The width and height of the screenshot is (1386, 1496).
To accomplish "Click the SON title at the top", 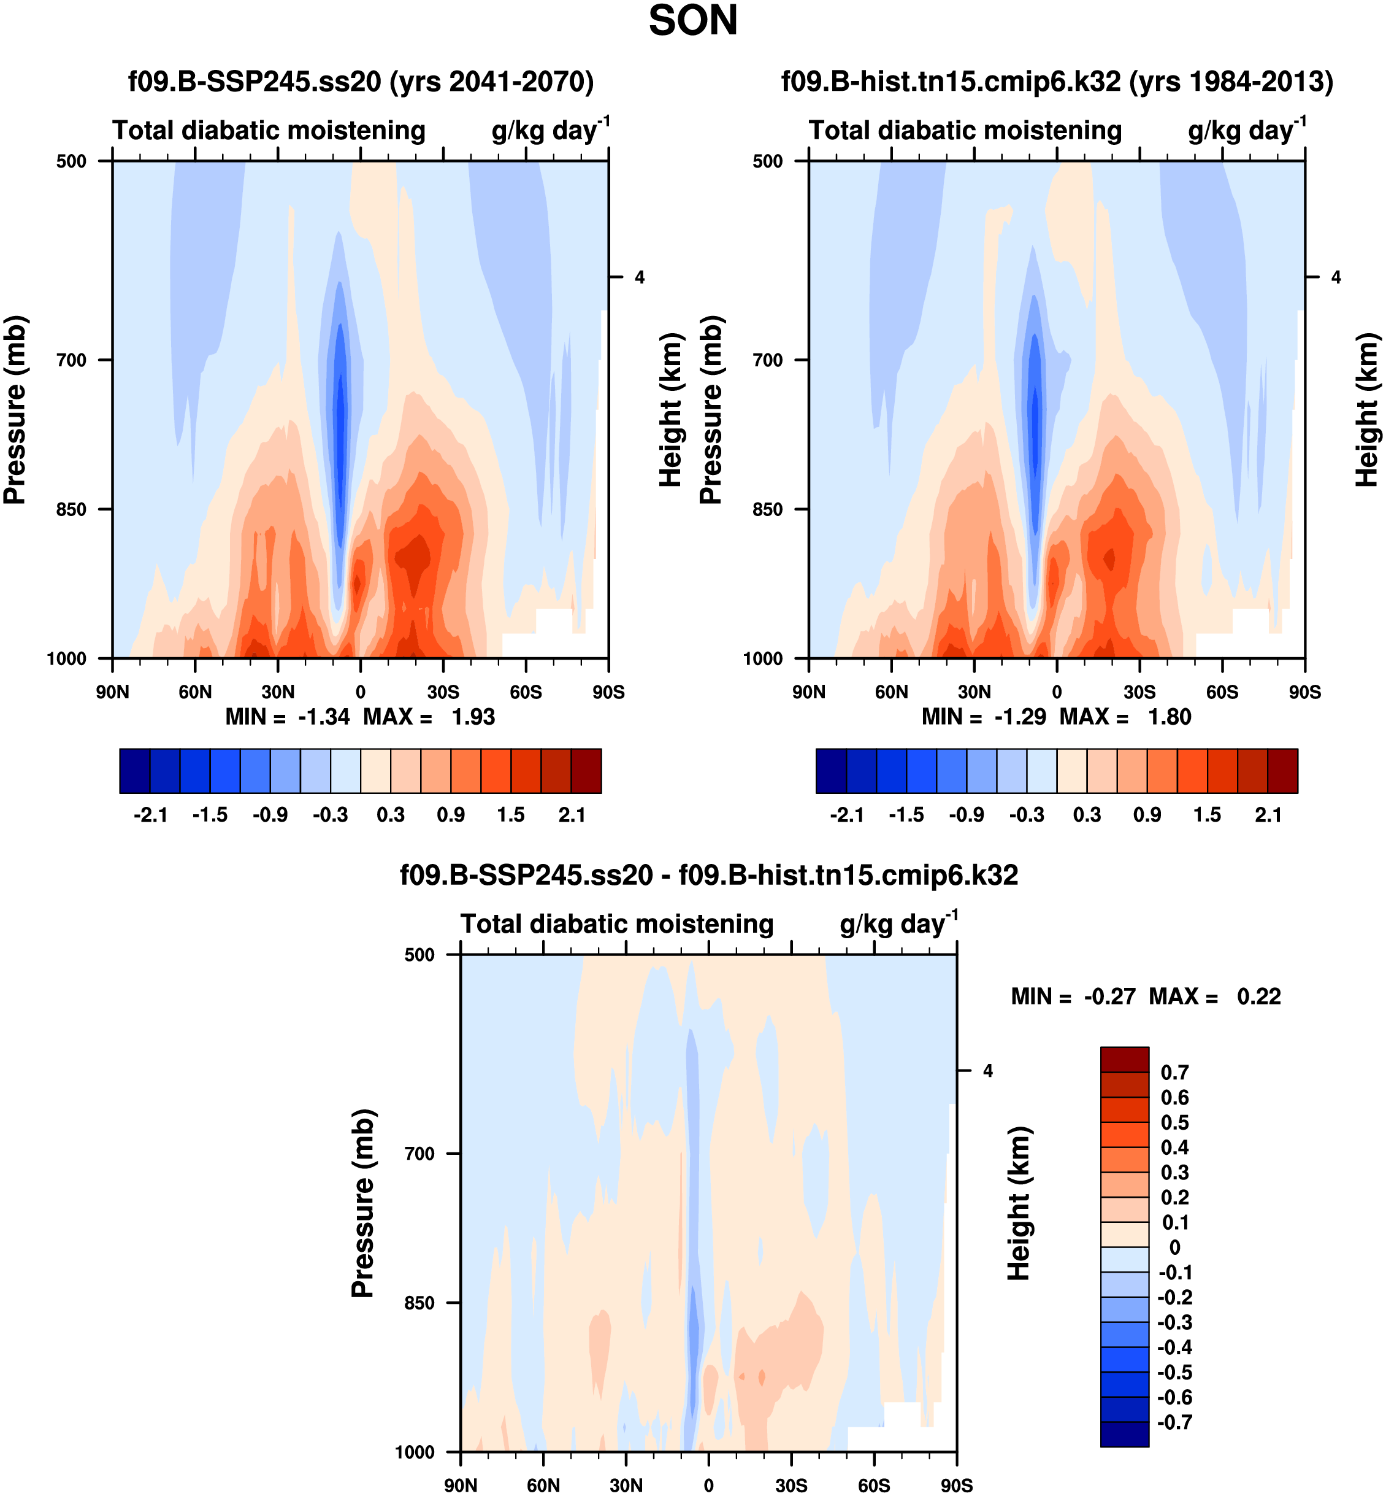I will coord(692,21).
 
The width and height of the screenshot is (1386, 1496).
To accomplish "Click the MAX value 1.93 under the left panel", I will coord(472,717).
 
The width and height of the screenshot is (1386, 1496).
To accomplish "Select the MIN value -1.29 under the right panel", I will coord(1019,717).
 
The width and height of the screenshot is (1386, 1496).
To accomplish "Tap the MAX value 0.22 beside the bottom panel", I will coord(1258,997).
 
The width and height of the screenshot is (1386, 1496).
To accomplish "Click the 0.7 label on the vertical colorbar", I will coord(1174,1073).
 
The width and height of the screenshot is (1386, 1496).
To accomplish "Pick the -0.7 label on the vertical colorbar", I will coord(1174,1422).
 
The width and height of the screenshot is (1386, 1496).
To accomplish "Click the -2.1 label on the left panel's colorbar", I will coord(150,815).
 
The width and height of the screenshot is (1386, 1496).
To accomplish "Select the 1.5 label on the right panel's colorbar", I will coord(1207,815).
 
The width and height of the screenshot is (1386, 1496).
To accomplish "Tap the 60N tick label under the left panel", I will coord(195,692).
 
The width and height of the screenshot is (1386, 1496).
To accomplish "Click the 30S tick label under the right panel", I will coord(1139,692).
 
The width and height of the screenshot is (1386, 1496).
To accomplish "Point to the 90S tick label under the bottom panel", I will coord(956,1486).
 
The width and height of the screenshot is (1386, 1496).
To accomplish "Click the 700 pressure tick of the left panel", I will coord(71,360).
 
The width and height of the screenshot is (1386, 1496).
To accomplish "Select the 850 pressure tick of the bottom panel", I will coord(419,1303).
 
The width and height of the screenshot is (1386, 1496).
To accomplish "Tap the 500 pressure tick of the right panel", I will coord(767,161).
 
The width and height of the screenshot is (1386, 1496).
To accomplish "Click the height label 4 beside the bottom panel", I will coord(988,1071).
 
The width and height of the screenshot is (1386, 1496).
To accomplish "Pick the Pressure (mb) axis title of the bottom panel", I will coord(363,1203).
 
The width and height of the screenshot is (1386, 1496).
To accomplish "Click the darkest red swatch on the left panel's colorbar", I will coord(586,771).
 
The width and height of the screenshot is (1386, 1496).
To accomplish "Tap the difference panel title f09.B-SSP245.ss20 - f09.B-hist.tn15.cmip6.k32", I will coord(709,876).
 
